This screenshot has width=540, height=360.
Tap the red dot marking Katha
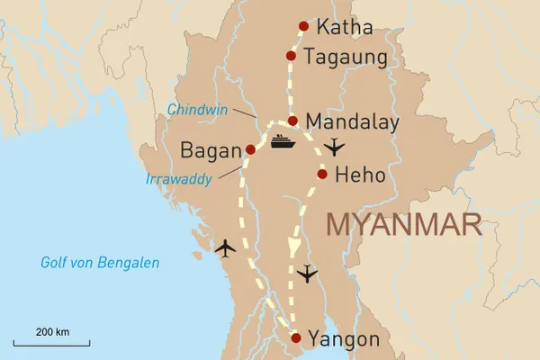click(303, 25)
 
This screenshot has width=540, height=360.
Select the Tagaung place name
click(346, 58)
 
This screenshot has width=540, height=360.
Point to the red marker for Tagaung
click(291, 56)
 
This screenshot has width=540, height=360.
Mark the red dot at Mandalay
click(292, 121)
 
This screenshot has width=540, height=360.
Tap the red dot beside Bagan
click(250, 149)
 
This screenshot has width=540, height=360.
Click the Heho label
click(360, 175)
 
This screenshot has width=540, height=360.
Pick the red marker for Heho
click(322, 175)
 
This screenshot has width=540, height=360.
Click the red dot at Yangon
click(295, 338)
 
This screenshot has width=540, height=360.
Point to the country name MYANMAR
click(403, 224)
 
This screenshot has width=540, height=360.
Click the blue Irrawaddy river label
click(179, 179)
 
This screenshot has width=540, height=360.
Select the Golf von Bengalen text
click(100, 263)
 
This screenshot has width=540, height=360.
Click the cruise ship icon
click(281, 141)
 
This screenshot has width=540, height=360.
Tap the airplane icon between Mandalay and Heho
click(334, 146)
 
